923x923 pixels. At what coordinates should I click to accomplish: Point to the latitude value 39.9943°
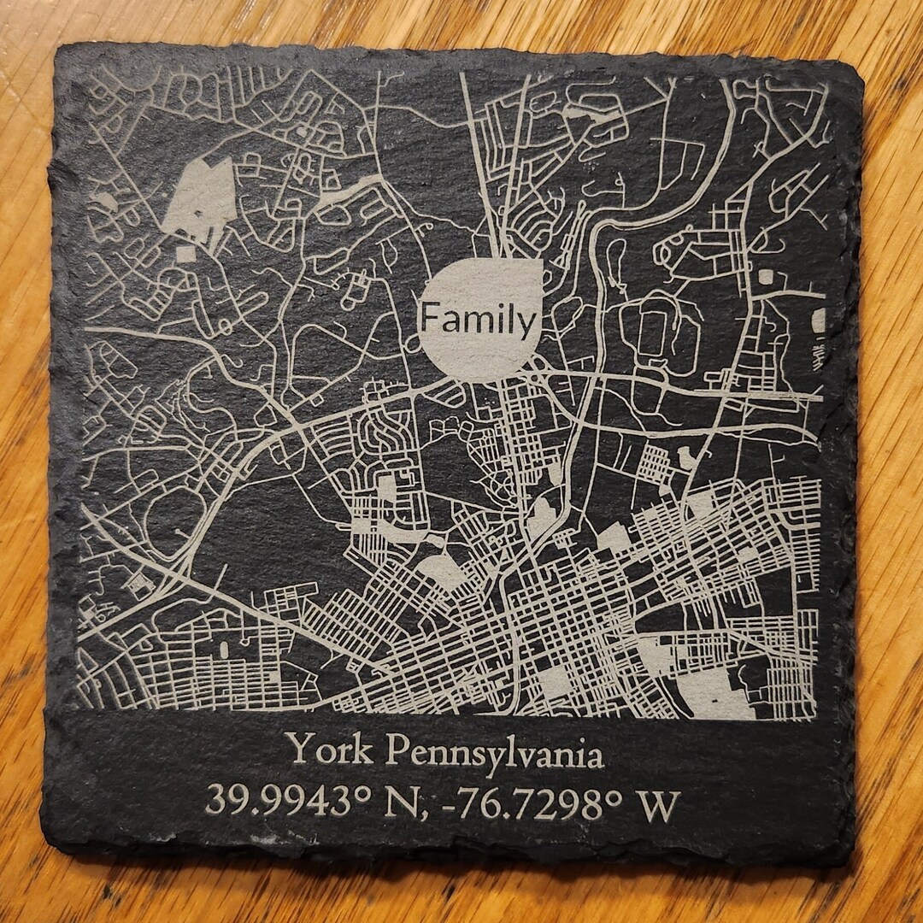click(x=279, y=803)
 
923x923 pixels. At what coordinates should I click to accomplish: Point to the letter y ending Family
click(x=530, y=326)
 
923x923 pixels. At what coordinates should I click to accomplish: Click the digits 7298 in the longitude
click(x=567, y=803)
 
